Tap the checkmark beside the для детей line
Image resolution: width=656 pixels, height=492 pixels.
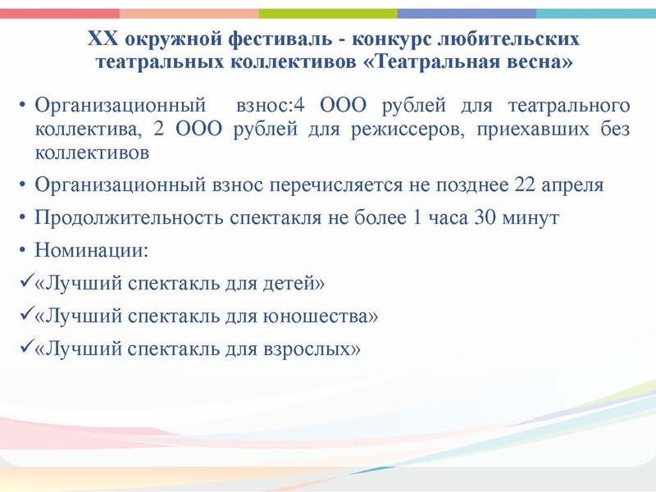click(x=26, y=282)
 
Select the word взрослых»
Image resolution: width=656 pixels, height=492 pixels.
click(x=312, y=348)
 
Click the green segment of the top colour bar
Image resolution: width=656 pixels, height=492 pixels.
click(x=328, y=13)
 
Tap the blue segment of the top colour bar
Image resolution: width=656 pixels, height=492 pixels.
click(x=467, y=13)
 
